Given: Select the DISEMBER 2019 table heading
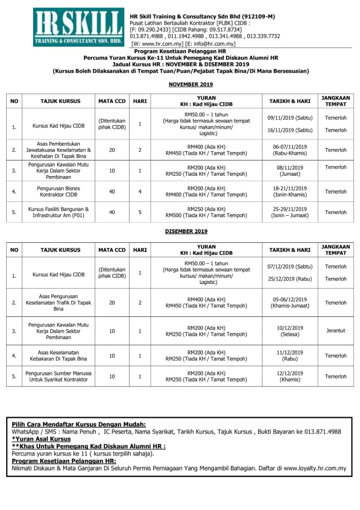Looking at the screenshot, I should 186,231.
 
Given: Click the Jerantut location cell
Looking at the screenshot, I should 335,331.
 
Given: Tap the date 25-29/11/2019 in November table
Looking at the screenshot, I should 289,209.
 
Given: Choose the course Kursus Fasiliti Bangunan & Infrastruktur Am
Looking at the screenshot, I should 59,212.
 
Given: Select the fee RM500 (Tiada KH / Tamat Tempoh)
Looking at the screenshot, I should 206,216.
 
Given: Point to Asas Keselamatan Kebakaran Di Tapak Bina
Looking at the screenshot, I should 59,356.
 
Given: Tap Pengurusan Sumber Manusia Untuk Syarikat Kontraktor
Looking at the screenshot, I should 59,376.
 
